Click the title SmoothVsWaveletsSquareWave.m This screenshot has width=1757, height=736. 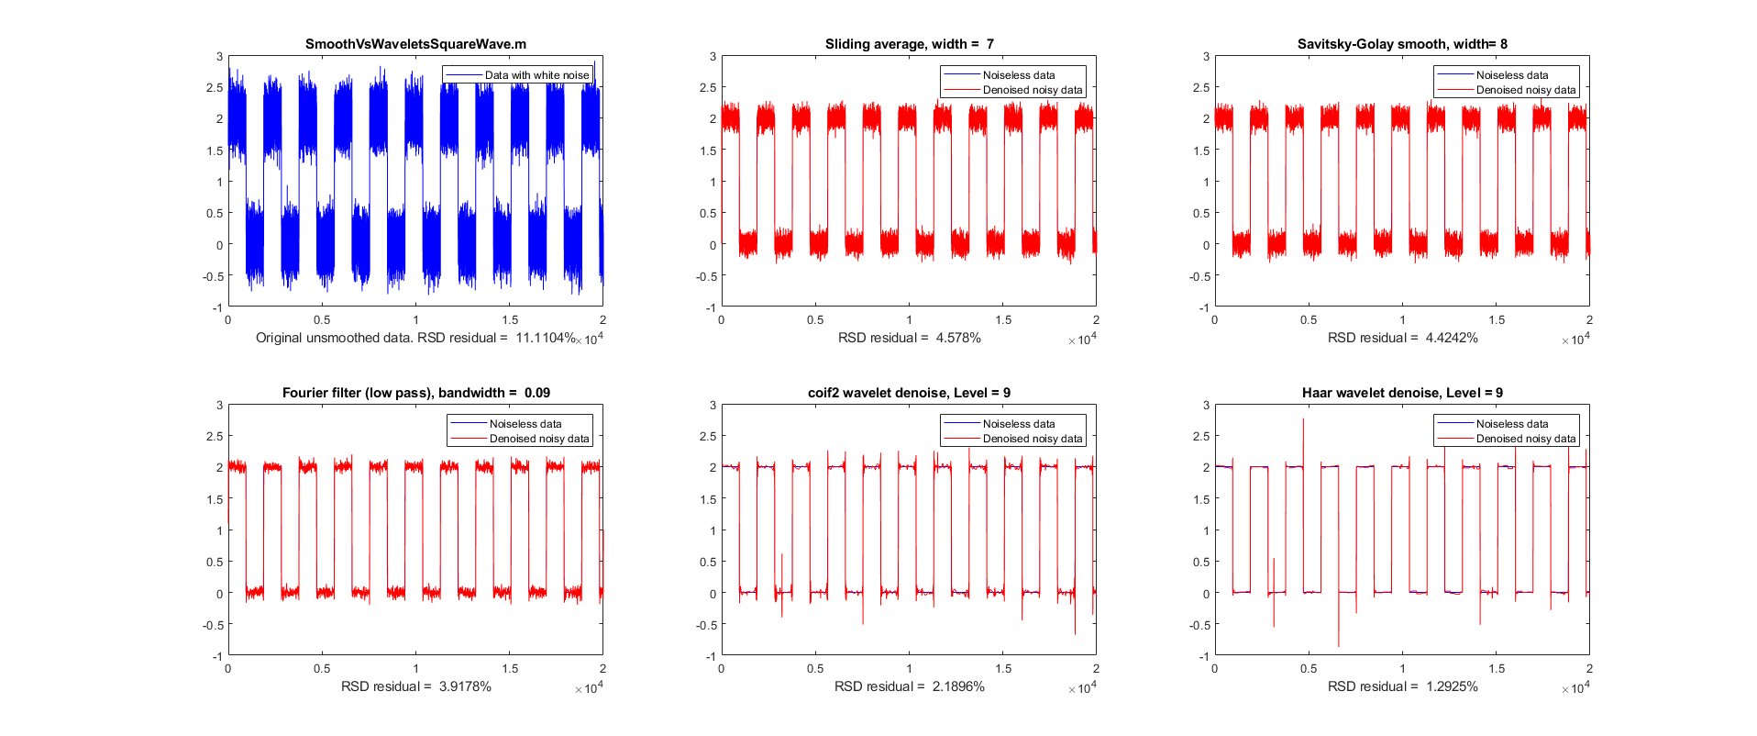415,44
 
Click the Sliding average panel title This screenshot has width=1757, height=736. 909,44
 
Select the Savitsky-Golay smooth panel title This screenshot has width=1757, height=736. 1402,44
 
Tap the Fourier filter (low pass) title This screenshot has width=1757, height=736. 415,393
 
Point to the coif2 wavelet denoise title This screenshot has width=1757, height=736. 909,393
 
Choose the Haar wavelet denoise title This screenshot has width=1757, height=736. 1402,393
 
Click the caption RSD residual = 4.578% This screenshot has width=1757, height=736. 909,338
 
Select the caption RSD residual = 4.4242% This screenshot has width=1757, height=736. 1402,338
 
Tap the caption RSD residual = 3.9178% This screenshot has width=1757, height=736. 415,686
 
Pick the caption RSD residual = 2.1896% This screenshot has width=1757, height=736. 909,686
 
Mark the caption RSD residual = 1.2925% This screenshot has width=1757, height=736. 1402,686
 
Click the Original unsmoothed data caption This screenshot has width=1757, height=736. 415,338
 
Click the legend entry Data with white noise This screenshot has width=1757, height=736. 536,75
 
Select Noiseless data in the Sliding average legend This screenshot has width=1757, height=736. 1018,75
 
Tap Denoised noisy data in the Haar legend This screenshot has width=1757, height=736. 1525,439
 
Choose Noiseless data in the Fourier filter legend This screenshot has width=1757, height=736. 525,424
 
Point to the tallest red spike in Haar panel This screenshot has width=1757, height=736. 1303,422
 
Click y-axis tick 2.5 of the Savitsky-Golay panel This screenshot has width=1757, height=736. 1201,88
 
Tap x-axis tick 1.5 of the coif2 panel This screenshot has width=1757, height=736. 1003,669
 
